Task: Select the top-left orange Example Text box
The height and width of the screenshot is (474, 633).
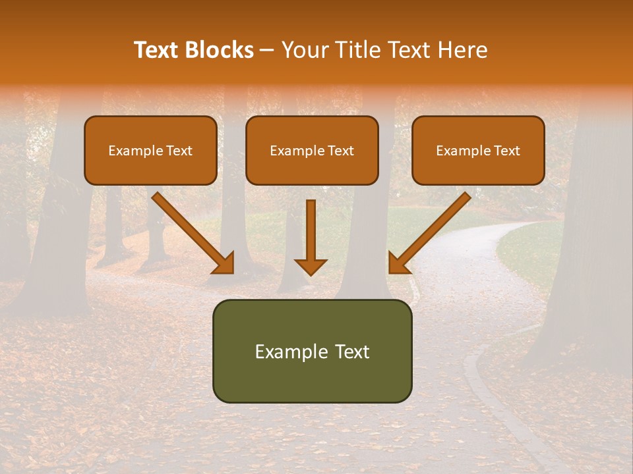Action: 150,150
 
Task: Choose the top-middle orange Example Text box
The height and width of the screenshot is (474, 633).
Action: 312,150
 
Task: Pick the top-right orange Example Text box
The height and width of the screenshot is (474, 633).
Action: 478,150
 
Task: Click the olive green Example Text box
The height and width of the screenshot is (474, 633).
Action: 312,351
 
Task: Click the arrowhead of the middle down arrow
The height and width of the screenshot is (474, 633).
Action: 311,266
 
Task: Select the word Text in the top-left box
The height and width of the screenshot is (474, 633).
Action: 179,151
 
